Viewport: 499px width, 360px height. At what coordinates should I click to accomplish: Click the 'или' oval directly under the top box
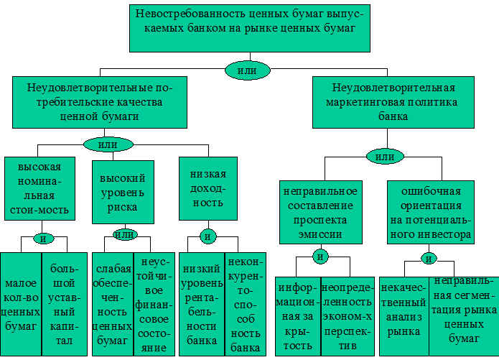pyautogui.click(x=248, y=70)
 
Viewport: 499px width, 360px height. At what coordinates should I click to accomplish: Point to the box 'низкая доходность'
pyautogui.click(x=208, y=189)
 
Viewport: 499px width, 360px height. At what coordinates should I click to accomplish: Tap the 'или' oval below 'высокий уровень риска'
pyautogui.click(x=125, y=234)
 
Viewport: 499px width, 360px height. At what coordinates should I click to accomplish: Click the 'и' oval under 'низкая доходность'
pyautogui.click(x=208, y=236)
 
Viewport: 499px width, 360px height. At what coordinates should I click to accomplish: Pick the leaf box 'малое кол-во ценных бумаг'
pyautogui.click(x=20, y=304)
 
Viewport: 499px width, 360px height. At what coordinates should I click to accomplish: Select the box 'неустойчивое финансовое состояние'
pyautogui.click(x=154, y=303)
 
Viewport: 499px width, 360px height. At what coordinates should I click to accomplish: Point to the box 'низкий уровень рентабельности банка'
pyautogui.click(x=202, y=303)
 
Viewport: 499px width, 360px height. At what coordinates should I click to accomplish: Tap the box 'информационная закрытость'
pyautogui.click(x=297, y=315)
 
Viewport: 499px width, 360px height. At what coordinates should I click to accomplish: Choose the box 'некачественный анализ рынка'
pyautogui.click(x=404, y=315)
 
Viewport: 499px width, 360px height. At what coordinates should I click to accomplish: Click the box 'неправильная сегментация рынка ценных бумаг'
pyautogui.click(x=460, y=315)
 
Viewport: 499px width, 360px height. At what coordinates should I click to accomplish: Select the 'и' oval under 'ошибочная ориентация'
pyautogui.click(x=429, y=258)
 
